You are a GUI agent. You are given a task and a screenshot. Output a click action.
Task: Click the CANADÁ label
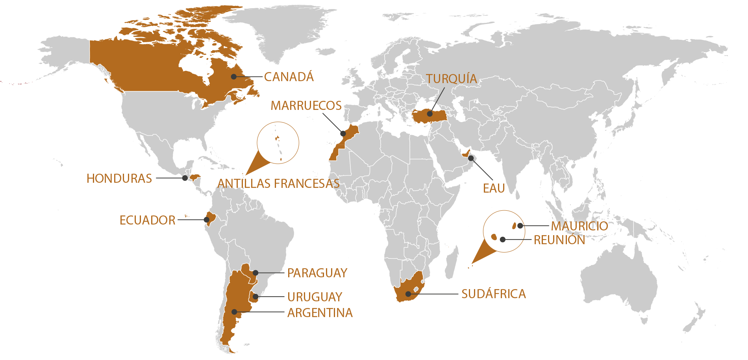(289, 77)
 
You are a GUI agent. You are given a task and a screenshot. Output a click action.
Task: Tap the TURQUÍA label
(451, 79)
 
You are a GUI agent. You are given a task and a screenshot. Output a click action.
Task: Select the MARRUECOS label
(306, 106)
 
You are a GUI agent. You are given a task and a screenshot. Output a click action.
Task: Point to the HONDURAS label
(119, 178)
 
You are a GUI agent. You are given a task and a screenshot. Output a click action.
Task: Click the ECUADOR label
(147, 220)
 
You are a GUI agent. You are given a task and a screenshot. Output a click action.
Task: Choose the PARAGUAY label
(317, 273)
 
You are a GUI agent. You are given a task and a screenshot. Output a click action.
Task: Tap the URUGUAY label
(315, 297)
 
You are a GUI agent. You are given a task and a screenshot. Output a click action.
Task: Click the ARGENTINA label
(320, 313)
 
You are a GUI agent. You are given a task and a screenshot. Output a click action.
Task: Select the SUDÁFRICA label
(493, 294)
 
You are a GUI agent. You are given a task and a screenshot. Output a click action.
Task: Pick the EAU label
(494, 188)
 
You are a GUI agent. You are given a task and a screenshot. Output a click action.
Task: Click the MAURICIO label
(579, 226)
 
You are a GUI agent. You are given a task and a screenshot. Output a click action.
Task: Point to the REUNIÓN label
(559, 240)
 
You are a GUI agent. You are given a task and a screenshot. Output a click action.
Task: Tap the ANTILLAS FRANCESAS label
(278, 184)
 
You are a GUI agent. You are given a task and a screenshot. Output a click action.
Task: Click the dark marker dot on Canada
(234, 76)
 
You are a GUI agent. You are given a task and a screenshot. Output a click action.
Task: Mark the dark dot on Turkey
(430, 114)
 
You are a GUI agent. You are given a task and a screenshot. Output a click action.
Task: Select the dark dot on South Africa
(409, 294)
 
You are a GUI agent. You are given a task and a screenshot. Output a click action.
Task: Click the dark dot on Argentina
(234, 312)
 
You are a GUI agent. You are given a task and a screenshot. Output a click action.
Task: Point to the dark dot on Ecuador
(206, 219)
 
